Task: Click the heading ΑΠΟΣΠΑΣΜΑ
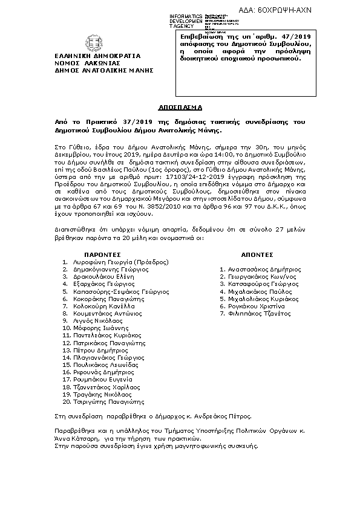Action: point(180,106)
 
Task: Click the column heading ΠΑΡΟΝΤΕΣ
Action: point(103,254)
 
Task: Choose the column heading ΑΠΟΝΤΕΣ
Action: point(257,254)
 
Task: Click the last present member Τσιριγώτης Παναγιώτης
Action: point(108,401)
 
